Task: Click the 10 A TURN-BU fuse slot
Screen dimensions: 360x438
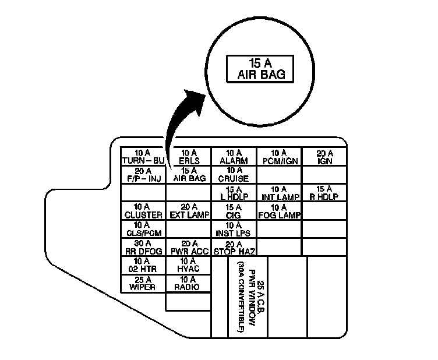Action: pos(143,157)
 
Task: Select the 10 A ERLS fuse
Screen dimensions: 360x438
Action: pos(188,157)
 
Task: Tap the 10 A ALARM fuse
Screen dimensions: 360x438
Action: pos(234,157)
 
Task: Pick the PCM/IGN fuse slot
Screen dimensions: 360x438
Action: pos(279,157)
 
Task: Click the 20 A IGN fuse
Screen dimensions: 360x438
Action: pos(324,157)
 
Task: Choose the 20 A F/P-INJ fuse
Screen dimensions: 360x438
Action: pos(143,175)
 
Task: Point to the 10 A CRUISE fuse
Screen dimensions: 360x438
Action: pos(234,175)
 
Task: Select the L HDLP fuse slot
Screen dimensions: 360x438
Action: pos(234,193)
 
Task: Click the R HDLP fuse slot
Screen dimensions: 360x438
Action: pos(324,193)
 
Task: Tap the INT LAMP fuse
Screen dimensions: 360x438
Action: pos(279,193)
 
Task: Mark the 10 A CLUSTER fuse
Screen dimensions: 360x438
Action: pos(143,211)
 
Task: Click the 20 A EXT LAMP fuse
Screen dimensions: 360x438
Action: pos(188,211)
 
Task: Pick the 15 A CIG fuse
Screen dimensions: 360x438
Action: pos(234,211)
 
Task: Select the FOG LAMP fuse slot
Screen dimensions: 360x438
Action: pos(279,211)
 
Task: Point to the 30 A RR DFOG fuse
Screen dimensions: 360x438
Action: pos(143,248)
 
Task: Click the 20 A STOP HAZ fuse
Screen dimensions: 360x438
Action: pos(234,248)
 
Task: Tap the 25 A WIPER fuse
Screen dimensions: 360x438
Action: pos(143,284)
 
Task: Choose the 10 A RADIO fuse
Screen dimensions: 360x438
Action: pos(188,284)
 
